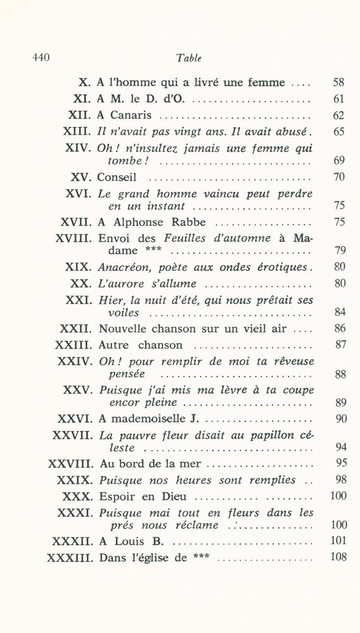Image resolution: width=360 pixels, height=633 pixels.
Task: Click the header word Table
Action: [x=189, y=58]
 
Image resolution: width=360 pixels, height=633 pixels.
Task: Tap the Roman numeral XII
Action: [x=80, y=115]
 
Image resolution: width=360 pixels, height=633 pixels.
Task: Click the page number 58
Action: [x=338, y=82]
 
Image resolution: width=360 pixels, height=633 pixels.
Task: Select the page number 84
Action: [x=338, y=312]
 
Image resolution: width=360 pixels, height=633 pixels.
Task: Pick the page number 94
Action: [x=338, y=448]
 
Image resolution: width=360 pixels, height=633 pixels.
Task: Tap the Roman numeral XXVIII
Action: [x=70, y=463]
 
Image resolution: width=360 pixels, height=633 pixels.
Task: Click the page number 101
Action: [x=336, y=541]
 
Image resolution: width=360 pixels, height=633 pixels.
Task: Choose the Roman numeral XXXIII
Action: [x=70, y=558]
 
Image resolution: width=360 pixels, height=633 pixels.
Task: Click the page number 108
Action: [x=336, y=558]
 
